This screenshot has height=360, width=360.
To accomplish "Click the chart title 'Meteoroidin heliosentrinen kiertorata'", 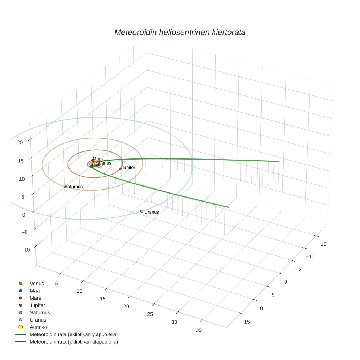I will pos(180,32).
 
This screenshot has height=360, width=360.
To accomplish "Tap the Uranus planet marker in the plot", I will pos(142,211).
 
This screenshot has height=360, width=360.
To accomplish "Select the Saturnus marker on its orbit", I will pos(66,187).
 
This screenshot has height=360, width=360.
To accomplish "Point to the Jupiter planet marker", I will pos(120,169).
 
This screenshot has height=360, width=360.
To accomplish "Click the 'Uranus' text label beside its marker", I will pos(152,212).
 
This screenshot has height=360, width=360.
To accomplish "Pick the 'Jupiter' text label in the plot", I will pos(128,168).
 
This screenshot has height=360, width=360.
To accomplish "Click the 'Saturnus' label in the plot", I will pos(74,187).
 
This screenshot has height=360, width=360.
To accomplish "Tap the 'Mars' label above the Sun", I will pos(98,159).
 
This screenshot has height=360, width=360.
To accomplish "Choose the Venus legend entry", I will pos(37,284).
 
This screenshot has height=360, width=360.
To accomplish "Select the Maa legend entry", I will pos(34,291).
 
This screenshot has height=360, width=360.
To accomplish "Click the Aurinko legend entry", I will pos(38,327).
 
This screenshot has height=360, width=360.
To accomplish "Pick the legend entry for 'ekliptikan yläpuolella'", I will pos(74,334).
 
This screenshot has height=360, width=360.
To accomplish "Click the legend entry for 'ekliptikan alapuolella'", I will pos(74,342).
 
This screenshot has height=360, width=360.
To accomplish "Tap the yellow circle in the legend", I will pos(21,327).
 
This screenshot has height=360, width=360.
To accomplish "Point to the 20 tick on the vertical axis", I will pos(20,143).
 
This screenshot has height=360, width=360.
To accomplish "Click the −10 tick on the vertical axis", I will pos(25,250).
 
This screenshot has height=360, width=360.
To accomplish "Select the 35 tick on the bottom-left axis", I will pos(199,330).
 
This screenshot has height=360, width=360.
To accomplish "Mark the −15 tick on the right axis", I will pos(322,244).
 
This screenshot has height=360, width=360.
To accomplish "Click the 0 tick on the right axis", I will pos(285,282).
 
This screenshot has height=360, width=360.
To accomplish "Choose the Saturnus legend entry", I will pos(40,313).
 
